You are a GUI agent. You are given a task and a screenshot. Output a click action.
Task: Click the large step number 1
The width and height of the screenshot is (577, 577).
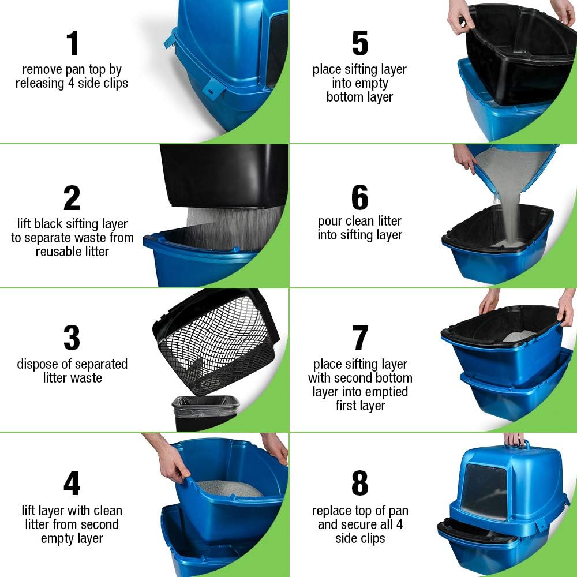coord(72,43)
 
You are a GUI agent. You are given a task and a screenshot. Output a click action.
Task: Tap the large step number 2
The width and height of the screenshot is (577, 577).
coord(72,198)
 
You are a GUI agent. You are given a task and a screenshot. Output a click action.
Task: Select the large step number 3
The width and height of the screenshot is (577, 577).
coord(72,338)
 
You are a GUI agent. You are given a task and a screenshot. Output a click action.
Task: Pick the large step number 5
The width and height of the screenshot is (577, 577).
coord(359,43)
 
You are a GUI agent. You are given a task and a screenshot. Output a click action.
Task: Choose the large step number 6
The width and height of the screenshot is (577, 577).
coord(359,198)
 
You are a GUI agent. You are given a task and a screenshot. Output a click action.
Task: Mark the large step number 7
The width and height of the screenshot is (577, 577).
coord(360,338)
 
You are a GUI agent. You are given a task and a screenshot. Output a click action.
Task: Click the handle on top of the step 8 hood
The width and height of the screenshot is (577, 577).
coord(518,445)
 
